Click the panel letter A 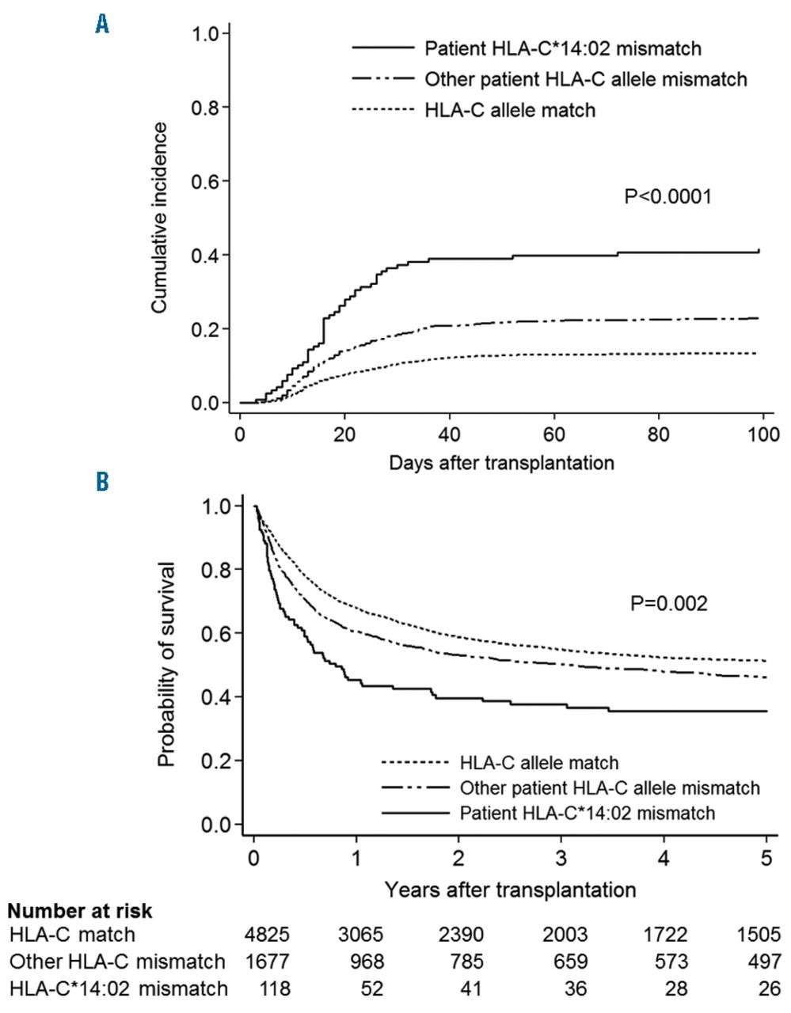point(102,26)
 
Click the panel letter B point(102,481)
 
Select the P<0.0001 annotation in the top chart point(667,195)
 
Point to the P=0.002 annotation point(669,604)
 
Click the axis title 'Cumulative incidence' point(160,217)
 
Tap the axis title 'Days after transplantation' point(501,463)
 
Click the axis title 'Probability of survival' point(165,665)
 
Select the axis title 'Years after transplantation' point(511,890)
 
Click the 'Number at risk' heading point(80,911)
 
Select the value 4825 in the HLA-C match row point(268,935)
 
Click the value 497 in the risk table point(764,962)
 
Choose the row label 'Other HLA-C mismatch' point(117,962)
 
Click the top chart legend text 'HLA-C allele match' point(510,109)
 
